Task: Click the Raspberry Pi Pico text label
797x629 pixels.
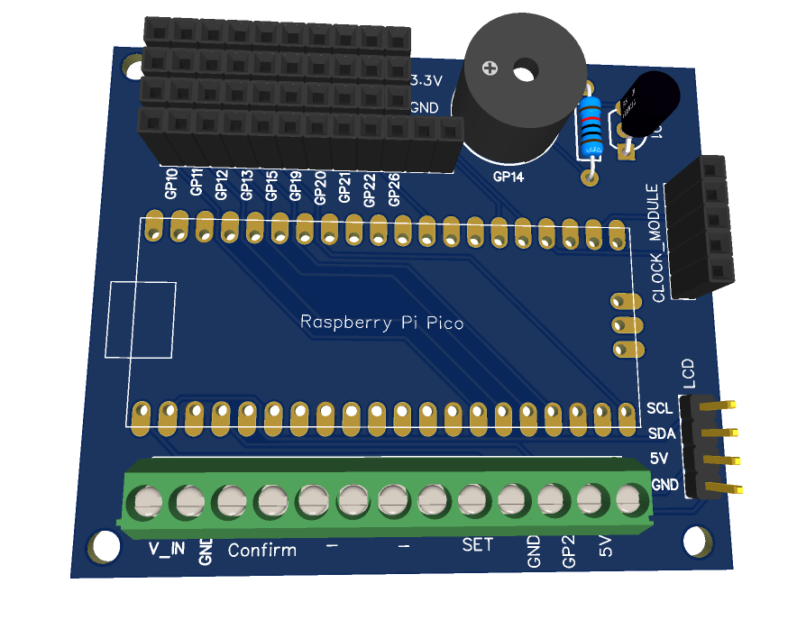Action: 381,322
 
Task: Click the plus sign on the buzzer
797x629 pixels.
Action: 490,68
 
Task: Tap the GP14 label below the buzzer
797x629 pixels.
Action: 508,178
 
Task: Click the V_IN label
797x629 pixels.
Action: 167,547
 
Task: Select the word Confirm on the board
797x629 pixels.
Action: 261,550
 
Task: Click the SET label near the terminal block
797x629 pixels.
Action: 478,544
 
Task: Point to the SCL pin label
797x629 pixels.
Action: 660,409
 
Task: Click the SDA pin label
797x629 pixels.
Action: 661,433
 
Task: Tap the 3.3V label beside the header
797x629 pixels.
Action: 426,81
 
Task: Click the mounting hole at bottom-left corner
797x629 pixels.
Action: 104,546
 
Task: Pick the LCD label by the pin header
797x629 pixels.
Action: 688,373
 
